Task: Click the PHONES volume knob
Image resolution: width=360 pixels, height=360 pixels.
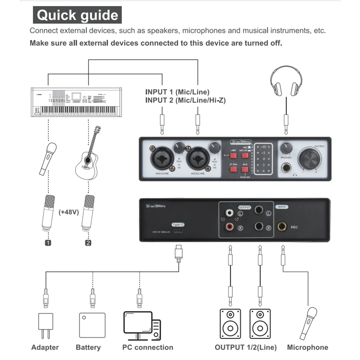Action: [x=286, y=147]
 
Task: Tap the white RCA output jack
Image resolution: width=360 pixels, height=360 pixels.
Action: [x=229, y=214]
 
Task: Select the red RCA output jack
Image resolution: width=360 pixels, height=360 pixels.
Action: [x=229, y=227]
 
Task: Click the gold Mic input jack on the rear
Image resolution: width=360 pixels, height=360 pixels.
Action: [x=282, y=227]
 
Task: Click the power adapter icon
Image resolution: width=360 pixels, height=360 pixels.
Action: [x=45, y=325]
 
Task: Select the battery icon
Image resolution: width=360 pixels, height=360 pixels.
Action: [x=92, y=325]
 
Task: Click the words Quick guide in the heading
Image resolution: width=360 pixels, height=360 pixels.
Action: [x=77, y=15]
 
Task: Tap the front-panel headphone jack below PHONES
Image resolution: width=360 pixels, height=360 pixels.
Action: [x=287, y=167]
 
